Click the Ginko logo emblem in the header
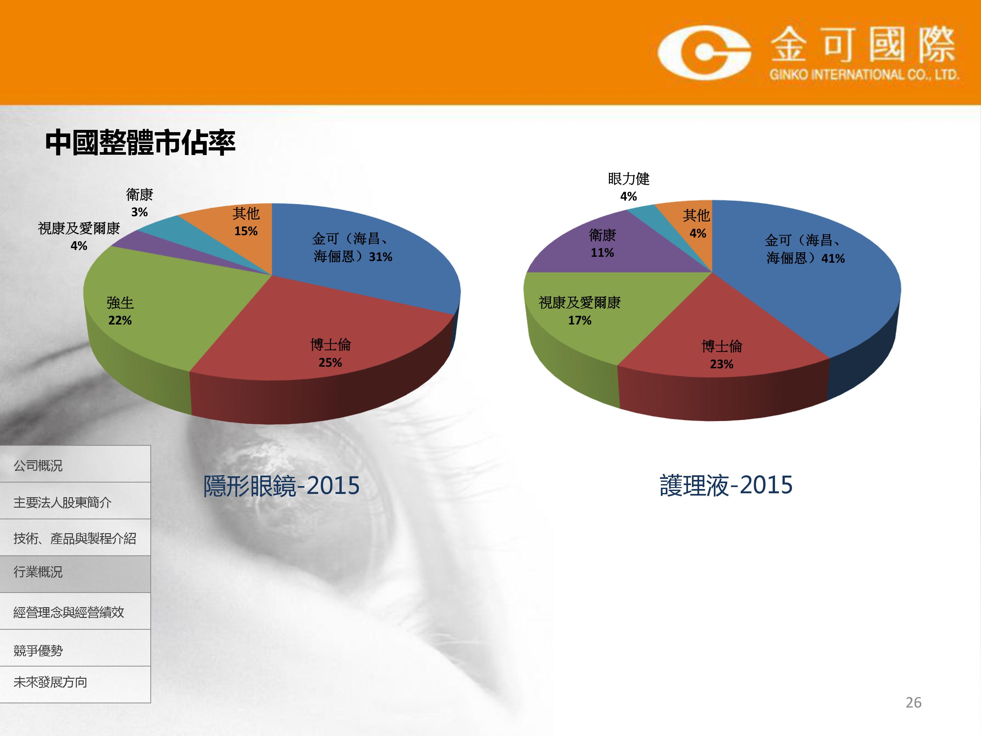[704, 53]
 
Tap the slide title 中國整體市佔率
[140, 143]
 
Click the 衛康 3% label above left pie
[139, 203]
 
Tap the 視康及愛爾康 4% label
[79, 237]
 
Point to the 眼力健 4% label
[628, 187]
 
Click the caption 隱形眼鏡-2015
[281, 485]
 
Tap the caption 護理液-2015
[726, 485]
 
